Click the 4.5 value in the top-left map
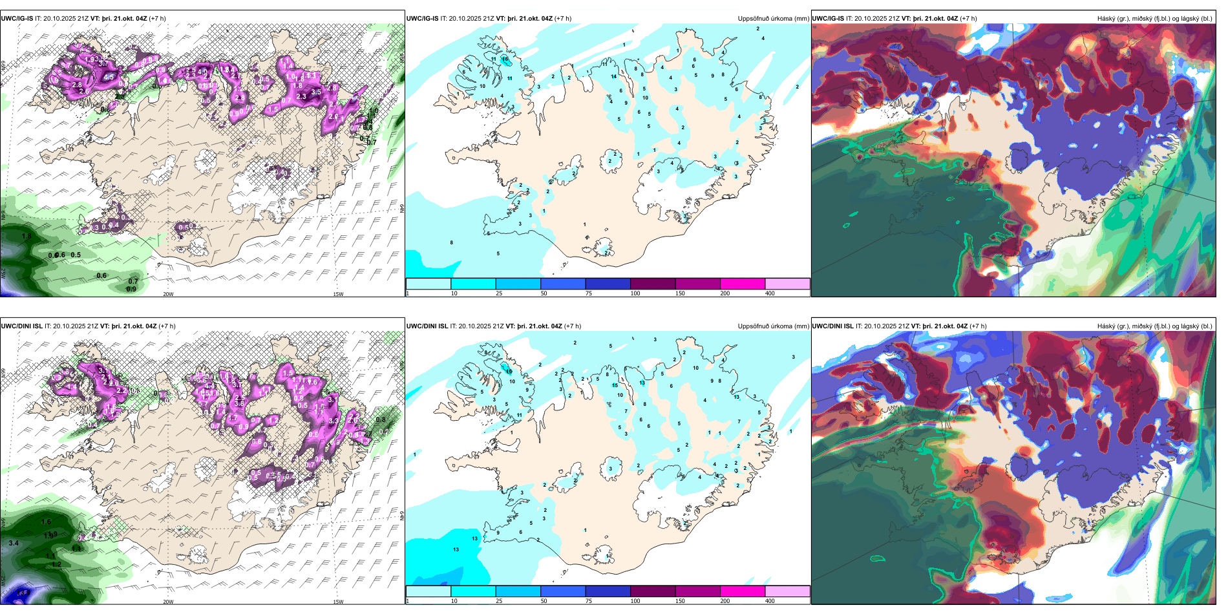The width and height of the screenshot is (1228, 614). [x=109, y=77]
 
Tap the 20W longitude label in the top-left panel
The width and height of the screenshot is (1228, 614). [x=168, y=294]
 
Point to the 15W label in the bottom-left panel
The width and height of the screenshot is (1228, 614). [x=338, y=602]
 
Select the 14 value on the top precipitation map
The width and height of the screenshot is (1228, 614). [x=614, y=77]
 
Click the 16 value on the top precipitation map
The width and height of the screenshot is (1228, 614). [x=505, y=59]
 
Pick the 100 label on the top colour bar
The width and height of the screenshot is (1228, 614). [x=635, y=293]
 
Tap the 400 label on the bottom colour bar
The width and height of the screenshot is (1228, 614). [x=770, y=601]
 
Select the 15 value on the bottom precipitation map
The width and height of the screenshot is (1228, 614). [x=615, y=385]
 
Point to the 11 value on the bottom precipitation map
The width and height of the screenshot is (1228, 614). [x=519, y=415]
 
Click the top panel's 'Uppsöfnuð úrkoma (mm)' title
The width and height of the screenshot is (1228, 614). [x=773, y=19]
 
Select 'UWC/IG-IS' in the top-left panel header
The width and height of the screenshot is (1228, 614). [x=17, y=19]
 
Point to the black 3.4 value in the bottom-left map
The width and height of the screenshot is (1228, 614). [x=14, y=543]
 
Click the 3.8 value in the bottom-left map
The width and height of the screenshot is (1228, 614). [x=239, y=403]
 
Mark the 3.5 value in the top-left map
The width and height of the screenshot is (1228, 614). [x=316, y=92]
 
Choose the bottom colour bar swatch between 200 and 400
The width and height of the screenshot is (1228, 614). [x=787, y=591]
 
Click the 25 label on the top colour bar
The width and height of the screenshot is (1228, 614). [x=499, y=293]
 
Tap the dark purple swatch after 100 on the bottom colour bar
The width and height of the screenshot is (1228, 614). [x=652, y=591]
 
